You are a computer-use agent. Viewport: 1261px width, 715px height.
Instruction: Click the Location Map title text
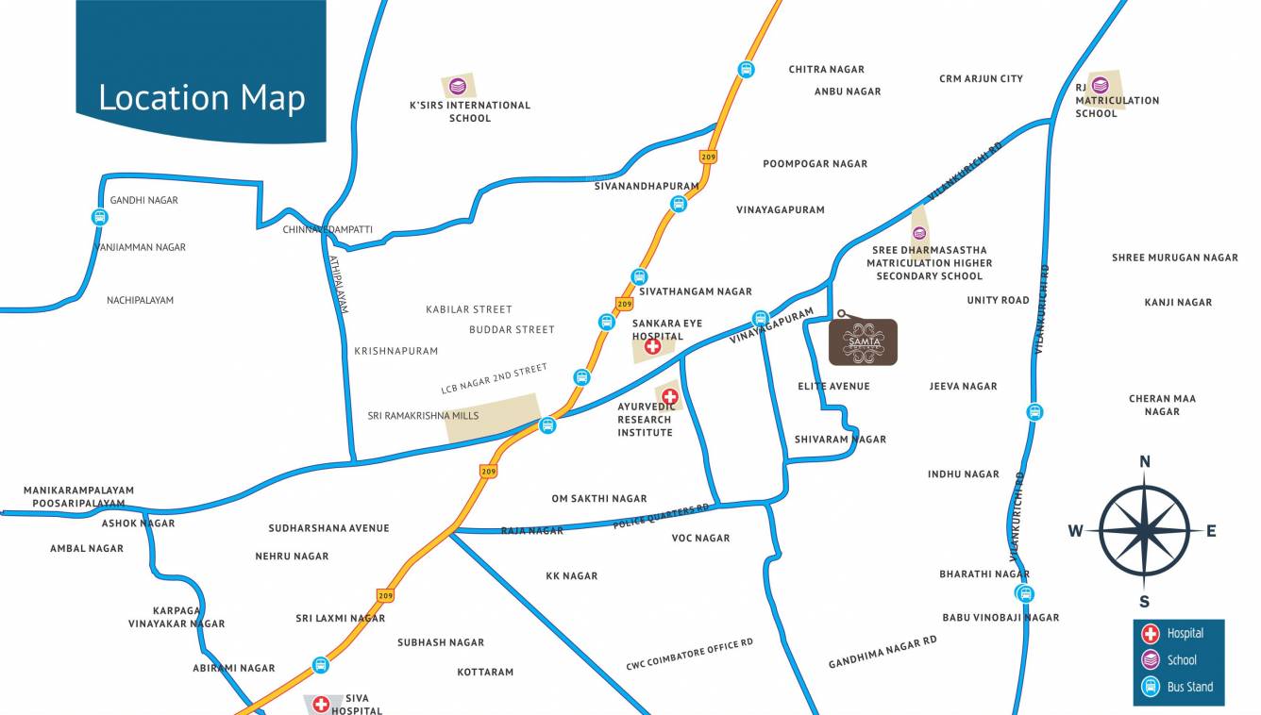[x=201, y=98]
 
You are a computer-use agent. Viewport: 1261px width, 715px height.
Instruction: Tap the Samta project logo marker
[x=863, y=341]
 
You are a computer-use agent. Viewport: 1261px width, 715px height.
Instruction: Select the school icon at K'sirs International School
[x=458, y=87]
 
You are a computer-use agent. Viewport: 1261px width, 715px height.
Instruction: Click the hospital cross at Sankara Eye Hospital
[x=652, y=347]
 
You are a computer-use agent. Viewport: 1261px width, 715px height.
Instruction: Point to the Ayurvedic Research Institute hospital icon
[x=670, y=396]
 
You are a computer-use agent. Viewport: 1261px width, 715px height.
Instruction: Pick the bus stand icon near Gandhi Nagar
[x=100, y=217]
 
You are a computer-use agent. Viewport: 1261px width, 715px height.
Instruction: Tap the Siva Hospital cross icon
[x=321, y=704]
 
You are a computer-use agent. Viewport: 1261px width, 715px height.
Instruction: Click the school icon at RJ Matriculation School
[x=1100, y=84]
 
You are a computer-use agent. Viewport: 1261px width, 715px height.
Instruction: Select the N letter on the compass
[x=1145, y=461]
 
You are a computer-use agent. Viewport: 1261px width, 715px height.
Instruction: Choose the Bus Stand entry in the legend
[x=1178, y=687]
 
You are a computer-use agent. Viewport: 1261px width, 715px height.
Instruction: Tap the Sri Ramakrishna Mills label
[x=423, y=416]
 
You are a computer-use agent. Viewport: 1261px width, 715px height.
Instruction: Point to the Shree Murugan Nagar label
[x=1174, y=258]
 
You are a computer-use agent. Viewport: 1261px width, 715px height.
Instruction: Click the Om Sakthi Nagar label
[x=599, y=499]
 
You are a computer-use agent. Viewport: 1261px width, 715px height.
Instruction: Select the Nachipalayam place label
[x=140, y=300]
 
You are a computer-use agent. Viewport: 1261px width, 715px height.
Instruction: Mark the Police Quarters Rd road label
[x=661, y=516]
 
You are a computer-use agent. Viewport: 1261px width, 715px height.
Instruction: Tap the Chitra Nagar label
[x=826, y=70]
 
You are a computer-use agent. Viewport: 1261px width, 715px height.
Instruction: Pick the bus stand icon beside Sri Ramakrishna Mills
[x=547, y=425]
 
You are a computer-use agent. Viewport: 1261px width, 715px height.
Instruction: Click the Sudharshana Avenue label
[x=328, y=528]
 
